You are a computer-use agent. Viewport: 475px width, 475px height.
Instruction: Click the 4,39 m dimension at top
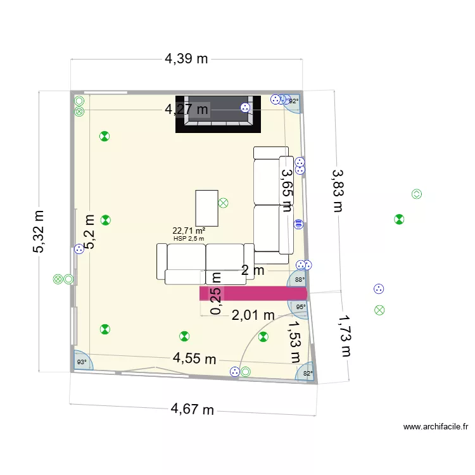[x=186, y=59]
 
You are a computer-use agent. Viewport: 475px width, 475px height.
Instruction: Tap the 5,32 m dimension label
[x=39, y=232]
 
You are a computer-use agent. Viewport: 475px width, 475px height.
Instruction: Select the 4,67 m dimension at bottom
[x=193, y=410]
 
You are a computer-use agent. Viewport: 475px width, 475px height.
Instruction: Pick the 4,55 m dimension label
[x=195, y=359]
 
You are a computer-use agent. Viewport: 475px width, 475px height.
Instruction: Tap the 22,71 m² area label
[x=189, y=231]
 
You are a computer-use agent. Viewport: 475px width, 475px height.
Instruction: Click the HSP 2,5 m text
[x=189, y=239]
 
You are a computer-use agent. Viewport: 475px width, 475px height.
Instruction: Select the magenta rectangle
[x=253, y=293]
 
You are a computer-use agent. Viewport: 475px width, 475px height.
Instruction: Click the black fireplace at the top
[x=218, y=115]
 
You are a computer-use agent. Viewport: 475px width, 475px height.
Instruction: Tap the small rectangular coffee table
[x=206, y=208]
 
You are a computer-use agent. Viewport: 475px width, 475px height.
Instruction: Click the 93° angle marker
[x=82, y=362]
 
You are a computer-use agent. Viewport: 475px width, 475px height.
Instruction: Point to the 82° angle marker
[x=307, y=374]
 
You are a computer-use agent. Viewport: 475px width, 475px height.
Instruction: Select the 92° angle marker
[x=293, y=101]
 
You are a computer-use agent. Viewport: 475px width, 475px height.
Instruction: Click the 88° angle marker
[x=300, y=279]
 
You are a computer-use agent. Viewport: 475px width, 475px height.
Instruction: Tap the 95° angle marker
[x=300, y=307]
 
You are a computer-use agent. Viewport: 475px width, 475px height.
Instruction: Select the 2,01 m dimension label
[x=253, y=315]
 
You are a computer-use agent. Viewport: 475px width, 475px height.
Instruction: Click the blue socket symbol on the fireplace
[x=244, y=108]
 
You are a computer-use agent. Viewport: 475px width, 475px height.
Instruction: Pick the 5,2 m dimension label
[x=89, y=232]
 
